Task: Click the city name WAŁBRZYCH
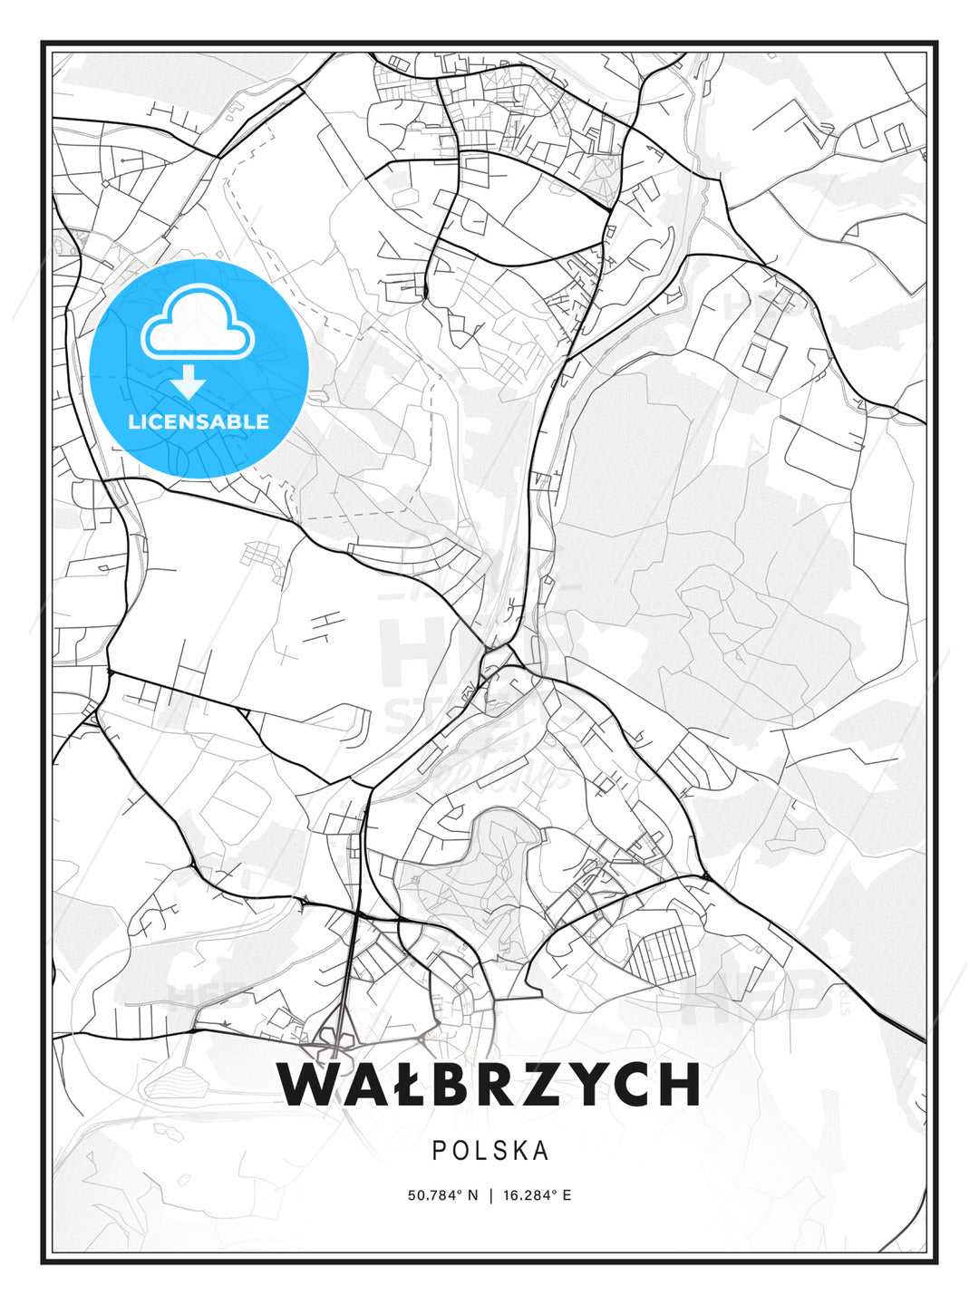489,1084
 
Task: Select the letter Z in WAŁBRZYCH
545,1084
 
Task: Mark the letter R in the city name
499,1084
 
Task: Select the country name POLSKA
489,1151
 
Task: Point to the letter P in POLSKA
438,1151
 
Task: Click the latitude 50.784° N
442,1195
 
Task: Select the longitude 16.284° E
537,1195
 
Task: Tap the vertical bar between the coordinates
490,1195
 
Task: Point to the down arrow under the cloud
188,382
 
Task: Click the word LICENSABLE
199,421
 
